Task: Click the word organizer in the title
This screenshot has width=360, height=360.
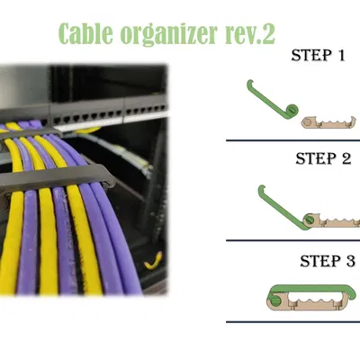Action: coord(169,35)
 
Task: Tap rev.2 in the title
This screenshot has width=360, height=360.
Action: coord(249,33)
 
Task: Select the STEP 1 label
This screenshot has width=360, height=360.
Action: coord(319,56)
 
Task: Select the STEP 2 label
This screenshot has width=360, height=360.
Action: coord(323,158)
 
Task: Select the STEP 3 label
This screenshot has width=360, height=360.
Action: coord(328,261)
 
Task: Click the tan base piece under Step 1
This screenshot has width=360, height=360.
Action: coord(328,122)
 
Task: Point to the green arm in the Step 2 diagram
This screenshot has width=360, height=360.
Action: coord(280,208)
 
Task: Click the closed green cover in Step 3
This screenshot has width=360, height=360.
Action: coord(312,289)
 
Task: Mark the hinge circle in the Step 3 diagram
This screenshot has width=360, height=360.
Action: coord(274,300)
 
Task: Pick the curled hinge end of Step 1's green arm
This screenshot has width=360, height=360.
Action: coord(292,112)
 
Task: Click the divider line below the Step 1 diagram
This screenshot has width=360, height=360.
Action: coord(293,140)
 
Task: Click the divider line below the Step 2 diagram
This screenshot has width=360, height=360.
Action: coord(293,240)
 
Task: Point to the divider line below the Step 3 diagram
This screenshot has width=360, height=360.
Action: coord(293,322)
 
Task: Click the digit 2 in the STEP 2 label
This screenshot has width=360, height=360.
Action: coord(346,158)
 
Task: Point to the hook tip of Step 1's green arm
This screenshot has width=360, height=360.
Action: coord(249,82)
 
